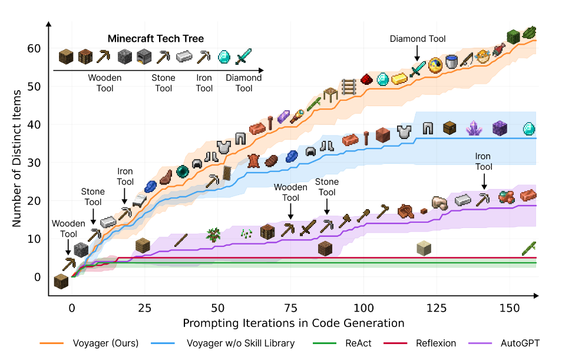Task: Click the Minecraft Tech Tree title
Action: tap(156, 39)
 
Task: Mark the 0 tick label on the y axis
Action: tap(38, 277)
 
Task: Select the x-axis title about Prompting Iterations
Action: tap(293, 323)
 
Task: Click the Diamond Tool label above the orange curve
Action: tap(418, 39)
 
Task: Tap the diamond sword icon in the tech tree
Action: tap(244, 57)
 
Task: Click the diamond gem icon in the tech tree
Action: tap(224, 57)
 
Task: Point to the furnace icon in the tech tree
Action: tap(144, 57)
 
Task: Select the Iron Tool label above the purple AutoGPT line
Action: tap(484, 161)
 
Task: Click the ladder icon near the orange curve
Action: tap(349, 87)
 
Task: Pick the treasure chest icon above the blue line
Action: tap(450, 127)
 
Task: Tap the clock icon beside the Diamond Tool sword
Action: tap(436, 64)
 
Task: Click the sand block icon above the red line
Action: tap(423, 247)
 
